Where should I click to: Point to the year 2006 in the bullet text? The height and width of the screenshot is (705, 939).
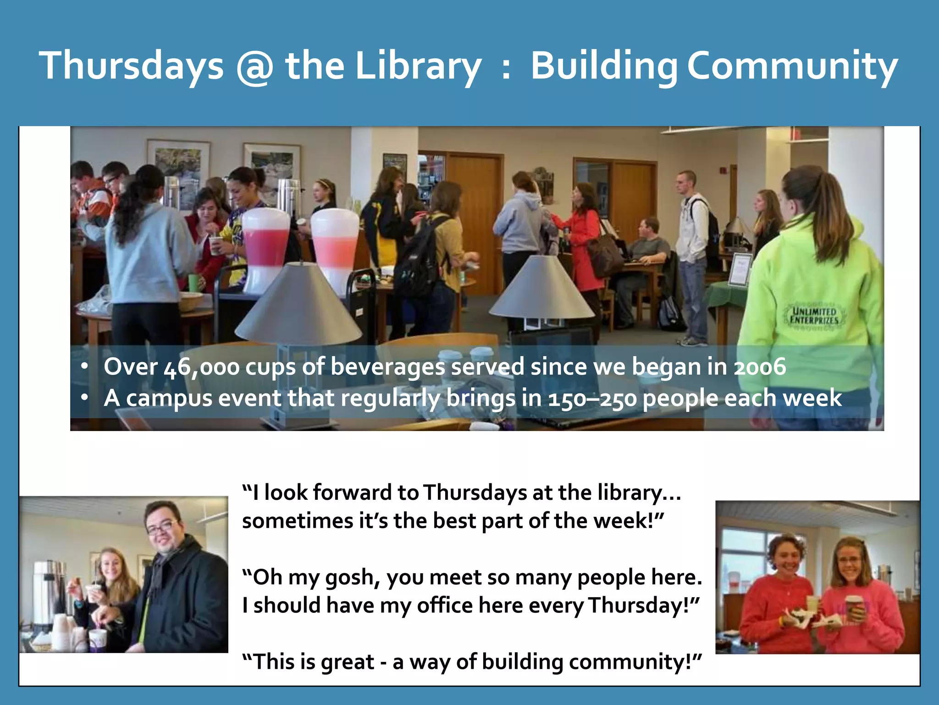tap(760, 367)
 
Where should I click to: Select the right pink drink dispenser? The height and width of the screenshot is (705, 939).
tap(335, 248)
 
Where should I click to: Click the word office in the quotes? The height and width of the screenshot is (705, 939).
tap(444, 605)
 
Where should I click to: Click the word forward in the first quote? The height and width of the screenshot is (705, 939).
tap(353, 493)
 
